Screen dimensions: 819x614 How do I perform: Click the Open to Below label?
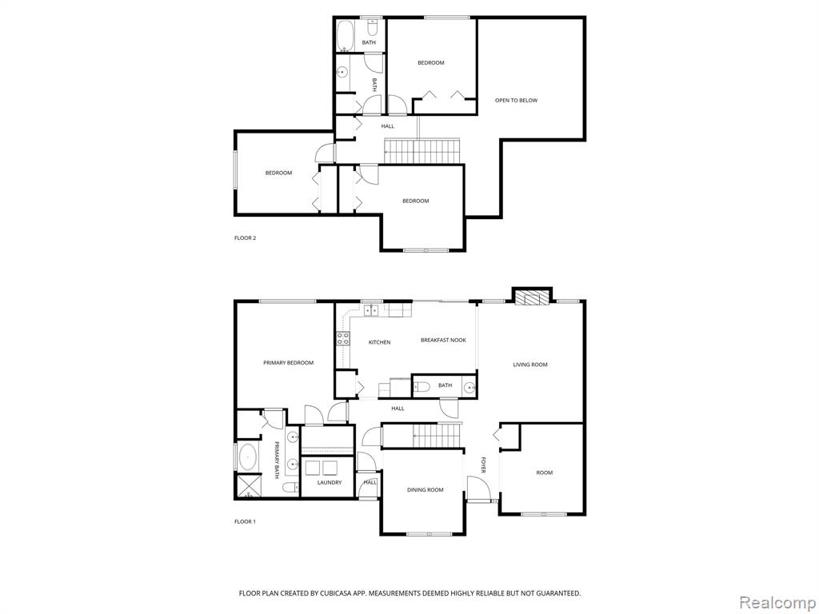coord(516,100)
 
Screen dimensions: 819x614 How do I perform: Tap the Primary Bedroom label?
coord(288,363)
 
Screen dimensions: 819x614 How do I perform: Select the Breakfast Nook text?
coord(443,341)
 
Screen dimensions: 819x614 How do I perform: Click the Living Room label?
coord(530,365)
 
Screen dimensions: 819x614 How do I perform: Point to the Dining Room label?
coord(425,490)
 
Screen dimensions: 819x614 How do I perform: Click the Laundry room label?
coord(330,482)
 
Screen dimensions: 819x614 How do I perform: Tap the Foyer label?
coord(484,466)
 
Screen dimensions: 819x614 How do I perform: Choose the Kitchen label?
coord(380,342)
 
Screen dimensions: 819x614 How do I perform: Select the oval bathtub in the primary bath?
coord(247,458)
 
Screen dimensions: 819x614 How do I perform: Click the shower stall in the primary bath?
coord(248,486)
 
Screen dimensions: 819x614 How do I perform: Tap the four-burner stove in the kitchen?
coord(342,338)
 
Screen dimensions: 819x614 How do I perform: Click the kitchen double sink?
coord(371,310)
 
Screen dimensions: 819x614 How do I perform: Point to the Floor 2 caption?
coord(245,238)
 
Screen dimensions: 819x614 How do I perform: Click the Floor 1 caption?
coord(245,521)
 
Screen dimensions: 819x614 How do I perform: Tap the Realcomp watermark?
coord(777,602)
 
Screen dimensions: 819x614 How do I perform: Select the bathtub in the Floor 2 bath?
coord(345,34)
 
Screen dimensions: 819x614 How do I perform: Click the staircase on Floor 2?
coord(422,150)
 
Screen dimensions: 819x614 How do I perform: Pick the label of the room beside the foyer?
coord(544,473)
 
